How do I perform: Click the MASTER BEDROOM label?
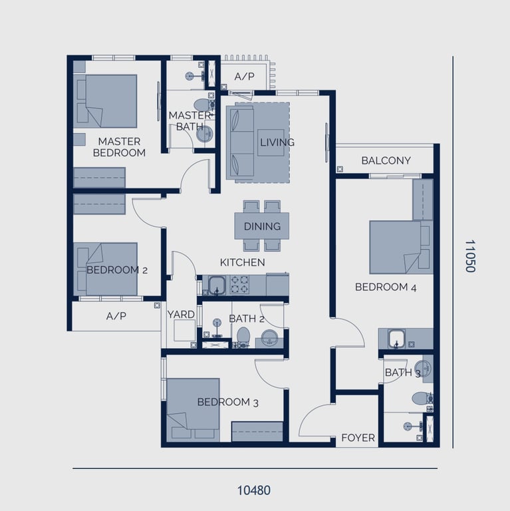click(x=119, y=147)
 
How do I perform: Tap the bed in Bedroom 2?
click(x=111, y=269)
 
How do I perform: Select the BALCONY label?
click(x=386, y=160)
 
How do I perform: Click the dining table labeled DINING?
click(x=262, y=226)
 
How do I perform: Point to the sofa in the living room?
click(x=241, y=142)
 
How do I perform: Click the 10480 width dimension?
click(x=254, y=490)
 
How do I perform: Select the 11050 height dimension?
click(x=470, y=257)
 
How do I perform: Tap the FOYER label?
click(x=358, y=438)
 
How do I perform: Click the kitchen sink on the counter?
click(x=215, y=285)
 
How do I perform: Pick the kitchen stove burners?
click(x=238, y=285)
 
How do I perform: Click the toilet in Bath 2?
click(x=243, y=335)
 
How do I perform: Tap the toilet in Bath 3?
click(x=421, y=399)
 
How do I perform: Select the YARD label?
click(x=181, y=315)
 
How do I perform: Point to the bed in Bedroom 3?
click(x=192, y=409)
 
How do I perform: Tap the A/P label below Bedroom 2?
click(x=116, y=317)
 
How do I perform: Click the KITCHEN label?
click(x=242, y=262)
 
